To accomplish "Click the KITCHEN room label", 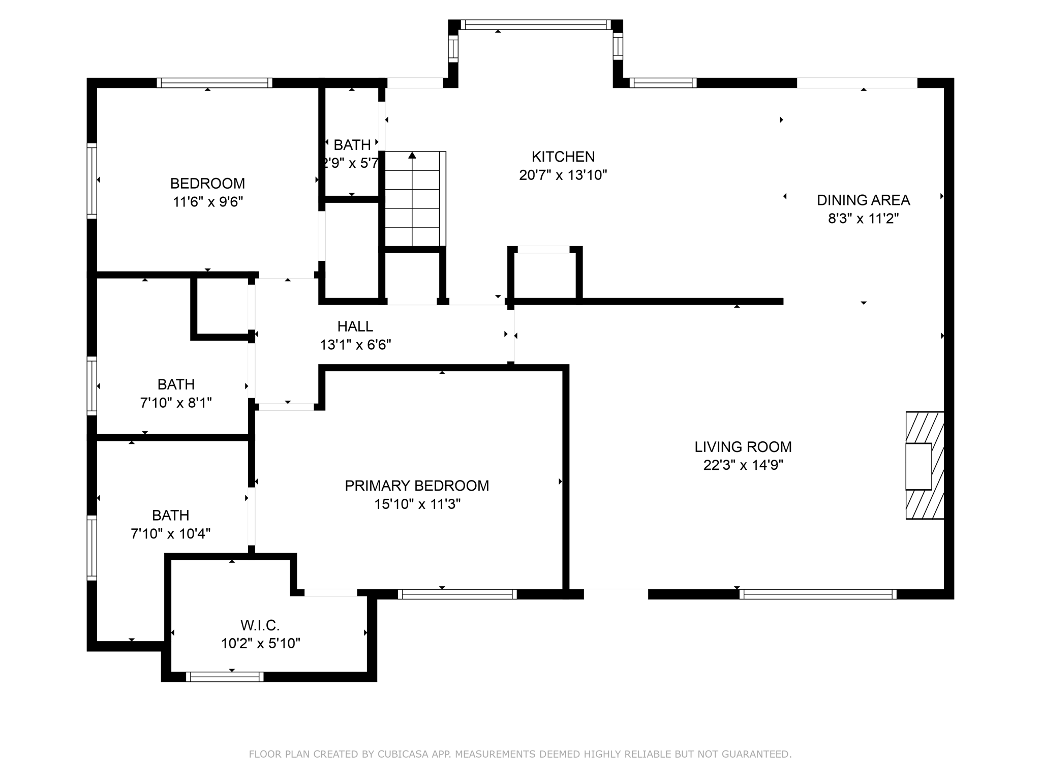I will (x=563, y=157).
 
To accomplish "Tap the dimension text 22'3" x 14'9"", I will (x=743, y=465).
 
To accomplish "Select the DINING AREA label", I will (x=863, y=200).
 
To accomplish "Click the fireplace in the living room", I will (x=924, y=466).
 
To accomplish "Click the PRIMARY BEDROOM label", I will (x=417, y=486).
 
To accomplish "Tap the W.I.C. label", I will (x=260, y=625).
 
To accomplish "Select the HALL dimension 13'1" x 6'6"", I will (x=355, y=345).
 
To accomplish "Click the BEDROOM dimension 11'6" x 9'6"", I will (x=208, y=202).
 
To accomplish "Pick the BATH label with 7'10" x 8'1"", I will (x=176, y=384).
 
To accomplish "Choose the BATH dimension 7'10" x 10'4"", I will (x=171, y=534).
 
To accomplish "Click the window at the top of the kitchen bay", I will (x=536, y=25).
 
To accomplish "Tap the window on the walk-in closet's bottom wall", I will (x=225, y=677).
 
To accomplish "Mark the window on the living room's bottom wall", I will (x=817, y=594).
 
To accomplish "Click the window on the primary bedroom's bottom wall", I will (x=457, y=594).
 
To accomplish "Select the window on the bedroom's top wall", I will (x=214, y=83).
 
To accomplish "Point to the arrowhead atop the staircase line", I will (x=412, y=155).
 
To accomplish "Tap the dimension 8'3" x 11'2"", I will (x=863, y=219).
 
